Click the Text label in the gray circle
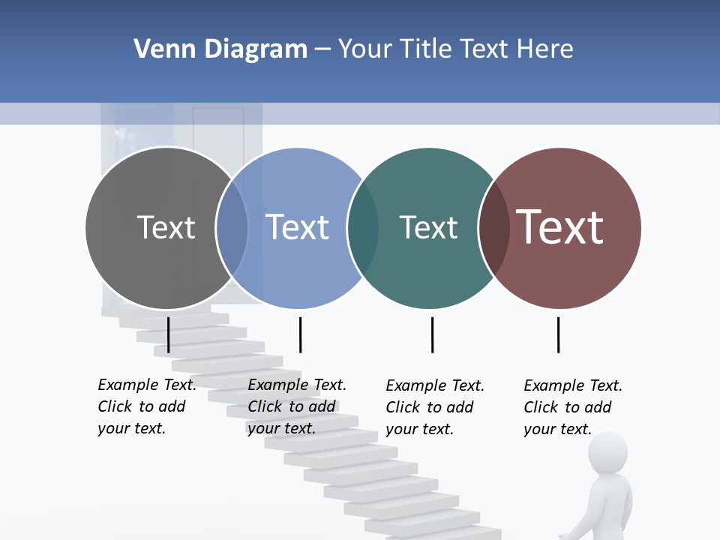click(166, 227)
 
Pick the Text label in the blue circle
click(297, 227)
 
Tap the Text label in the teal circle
click(428, 227)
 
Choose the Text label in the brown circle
click(559, 227)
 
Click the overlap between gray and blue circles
click(232, 228)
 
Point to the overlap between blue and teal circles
click(363, 228)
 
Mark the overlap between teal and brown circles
click(493, 228)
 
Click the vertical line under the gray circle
click(169, 334)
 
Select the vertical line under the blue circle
click(300, 334)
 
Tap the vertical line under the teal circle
click(432, 334)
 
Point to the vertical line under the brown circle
click(558, 334)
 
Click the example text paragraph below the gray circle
click(147, 406)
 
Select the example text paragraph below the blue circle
click(297, 406)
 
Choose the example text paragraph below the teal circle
click(435, 407)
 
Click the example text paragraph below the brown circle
click(573, 407)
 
